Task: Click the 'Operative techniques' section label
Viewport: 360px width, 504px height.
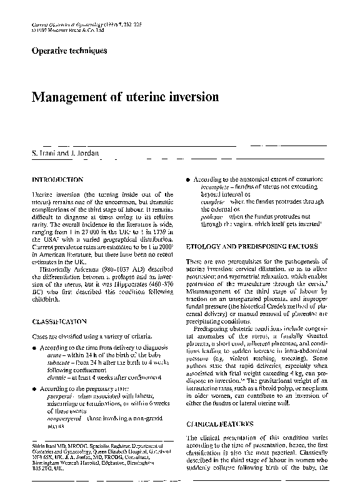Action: coord(69,51)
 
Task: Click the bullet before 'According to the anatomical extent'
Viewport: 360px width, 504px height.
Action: coord(188,179)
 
